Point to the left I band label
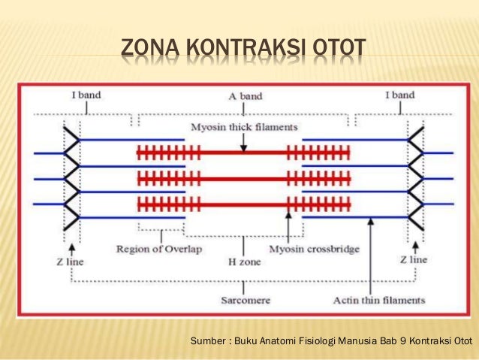[86, 95]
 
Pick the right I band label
[399, 95]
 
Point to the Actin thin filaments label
[379, 300]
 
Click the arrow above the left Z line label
[71, 246]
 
